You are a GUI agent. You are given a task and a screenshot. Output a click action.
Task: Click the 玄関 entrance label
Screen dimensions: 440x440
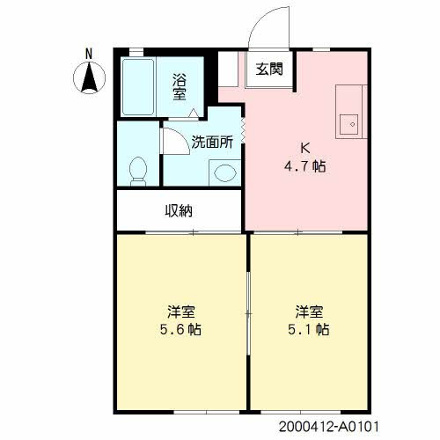click(x=269, y=70)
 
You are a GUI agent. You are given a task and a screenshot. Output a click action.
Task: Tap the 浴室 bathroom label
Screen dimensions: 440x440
click(x=180, y=87)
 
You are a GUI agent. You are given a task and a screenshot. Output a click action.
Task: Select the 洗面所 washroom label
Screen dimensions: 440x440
click(x=212, y=142)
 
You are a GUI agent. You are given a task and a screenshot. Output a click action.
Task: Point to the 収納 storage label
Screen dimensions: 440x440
click(x=179, y=210)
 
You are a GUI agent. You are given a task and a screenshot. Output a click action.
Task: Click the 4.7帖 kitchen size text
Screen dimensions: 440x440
click(x=305, y=166)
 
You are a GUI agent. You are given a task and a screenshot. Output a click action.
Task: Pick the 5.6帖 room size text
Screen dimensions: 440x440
click(x=180, y=329)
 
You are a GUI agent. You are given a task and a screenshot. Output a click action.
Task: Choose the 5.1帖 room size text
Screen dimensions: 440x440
click(x=309, y=329)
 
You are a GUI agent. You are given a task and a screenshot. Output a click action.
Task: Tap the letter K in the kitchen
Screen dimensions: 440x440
click(x=305, y=149)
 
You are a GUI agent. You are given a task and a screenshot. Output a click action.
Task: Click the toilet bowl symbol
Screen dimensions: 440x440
click(x=138, y=172)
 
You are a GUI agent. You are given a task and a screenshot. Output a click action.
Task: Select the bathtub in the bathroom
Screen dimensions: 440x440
click(x=138, y=87)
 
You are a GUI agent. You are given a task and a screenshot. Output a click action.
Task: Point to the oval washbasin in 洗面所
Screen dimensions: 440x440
click(x=225, y=172)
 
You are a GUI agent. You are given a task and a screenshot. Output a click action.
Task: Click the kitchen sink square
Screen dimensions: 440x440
click(x=349, y=124)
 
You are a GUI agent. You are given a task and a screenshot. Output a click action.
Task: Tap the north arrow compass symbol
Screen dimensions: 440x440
click(x=89, y=78)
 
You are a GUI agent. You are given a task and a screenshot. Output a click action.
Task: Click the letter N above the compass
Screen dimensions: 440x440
click(x=89, y=55)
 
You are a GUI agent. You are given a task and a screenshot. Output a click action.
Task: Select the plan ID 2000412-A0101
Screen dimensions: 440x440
click(x=329, y=427)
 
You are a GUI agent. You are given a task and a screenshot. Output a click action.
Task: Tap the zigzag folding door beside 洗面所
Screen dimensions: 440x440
click(x=243, y=130)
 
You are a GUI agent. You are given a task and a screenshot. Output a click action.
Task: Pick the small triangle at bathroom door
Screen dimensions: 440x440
click(x=194, y=114)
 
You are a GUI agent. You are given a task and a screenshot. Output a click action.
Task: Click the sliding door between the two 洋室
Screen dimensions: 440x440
click(x=248, y=314)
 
